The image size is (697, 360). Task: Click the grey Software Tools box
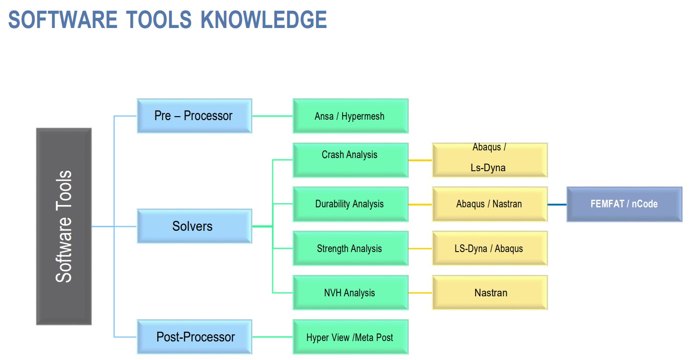pos(64,226)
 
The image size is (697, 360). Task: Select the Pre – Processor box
pos(194,116)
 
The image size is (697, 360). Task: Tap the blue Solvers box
pos(194,226)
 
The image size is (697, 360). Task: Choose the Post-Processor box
pos(194,337)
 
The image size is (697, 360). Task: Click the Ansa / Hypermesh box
pos(350,116)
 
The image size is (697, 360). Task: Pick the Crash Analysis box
pos(350,160)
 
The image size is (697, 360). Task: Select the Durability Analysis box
pos(350,204)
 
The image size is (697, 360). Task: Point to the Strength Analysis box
pos(350,248)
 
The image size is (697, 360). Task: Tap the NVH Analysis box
pos(350,293)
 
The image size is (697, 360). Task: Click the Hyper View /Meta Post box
pos(350,337)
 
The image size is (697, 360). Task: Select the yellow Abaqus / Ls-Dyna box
pos(490,160)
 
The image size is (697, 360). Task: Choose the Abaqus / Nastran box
pos(490,204)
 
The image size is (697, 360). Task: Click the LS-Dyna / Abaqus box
pos(490,248)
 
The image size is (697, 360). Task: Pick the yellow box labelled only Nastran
pos(490,293)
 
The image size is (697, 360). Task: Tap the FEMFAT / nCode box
pos(625,204)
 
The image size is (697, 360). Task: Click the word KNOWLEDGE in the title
pos(264,19)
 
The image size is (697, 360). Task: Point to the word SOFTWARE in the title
pos(63,19)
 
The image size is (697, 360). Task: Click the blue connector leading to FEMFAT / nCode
pos(557,205)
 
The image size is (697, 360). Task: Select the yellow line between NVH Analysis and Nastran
pos(420,293)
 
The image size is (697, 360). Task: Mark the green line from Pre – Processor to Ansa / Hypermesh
pos(272,116)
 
